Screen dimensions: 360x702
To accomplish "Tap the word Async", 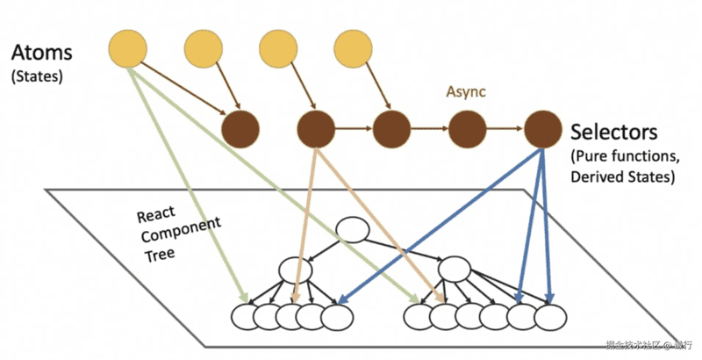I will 465,91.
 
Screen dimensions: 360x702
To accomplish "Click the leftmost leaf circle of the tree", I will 245,316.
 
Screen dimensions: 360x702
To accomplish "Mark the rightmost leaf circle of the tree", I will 551,316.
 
